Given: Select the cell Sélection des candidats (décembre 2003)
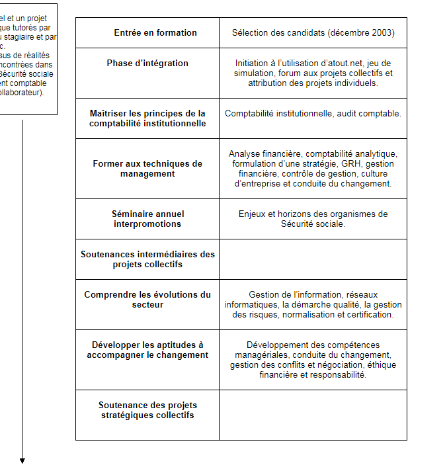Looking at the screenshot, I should point(313,32).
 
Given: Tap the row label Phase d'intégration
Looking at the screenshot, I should point(147,64).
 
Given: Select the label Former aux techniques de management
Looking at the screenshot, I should point(147,169).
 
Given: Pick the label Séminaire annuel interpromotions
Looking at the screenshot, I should point(147,219).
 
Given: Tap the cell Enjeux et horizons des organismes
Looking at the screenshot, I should point(313,219).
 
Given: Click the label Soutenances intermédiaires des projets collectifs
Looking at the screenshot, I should point(147,259).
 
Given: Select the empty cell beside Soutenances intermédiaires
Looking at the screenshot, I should point(313,259).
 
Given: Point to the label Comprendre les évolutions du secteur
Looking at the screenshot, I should point(147,300).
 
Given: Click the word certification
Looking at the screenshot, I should point(371,315).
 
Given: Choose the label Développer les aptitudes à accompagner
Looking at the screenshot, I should point(147,350).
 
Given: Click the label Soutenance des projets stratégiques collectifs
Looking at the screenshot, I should point(147,410).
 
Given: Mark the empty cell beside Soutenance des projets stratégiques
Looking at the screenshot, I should point(313,415).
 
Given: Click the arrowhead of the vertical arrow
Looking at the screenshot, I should point(22,460).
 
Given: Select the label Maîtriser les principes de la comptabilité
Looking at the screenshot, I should point(147,118).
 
